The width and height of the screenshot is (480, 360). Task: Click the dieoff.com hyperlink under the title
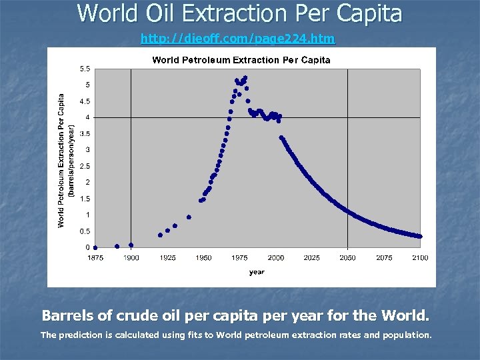(238, 39)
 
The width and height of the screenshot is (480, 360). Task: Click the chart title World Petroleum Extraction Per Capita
(241, 60)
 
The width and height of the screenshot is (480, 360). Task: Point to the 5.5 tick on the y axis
(85, 69)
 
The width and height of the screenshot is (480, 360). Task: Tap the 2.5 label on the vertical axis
(85, 166)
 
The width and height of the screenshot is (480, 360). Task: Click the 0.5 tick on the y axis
(85, 231)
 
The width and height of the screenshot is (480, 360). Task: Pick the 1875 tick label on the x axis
(95, 257)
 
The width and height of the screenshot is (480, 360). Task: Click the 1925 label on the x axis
(167, 257)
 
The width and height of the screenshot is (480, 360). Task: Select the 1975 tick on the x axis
(239, 257)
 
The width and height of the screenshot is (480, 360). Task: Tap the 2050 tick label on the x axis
(347, 257)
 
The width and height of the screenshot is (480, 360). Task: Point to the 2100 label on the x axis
(419, 257)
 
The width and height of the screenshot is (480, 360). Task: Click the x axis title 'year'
(257, 272)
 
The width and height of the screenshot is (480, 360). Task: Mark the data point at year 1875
(95, 247)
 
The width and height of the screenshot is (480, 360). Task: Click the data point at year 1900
(131, 245)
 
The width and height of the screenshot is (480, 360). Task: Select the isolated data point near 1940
(189, 217)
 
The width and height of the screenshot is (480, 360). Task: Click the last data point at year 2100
(419, 236)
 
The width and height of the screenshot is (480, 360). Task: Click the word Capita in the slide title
(367, 13)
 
